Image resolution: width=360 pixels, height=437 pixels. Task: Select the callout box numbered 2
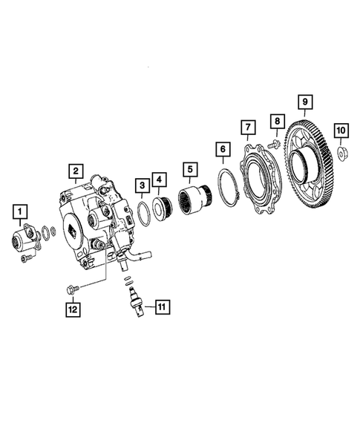coord(76,173)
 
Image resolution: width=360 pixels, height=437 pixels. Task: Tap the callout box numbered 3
coord(141,184)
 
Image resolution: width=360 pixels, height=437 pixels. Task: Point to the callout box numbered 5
coord(190,168)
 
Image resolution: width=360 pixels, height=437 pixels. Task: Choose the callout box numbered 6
coord(221,150)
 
